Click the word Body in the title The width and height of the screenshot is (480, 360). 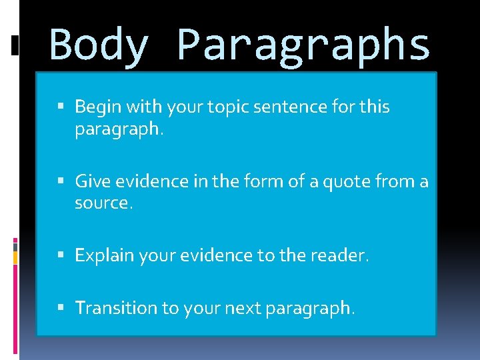pos(99,45)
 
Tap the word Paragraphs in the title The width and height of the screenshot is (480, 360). pos(303,45)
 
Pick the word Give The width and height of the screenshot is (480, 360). pos(92,181)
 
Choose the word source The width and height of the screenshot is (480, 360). pos(103,203)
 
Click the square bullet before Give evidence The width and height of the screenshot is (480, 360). pos(62,181)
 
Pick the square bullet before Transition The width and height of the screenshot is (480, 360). pos(62,307)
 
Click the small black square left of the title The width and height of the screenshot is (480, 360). pos(15,45)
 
